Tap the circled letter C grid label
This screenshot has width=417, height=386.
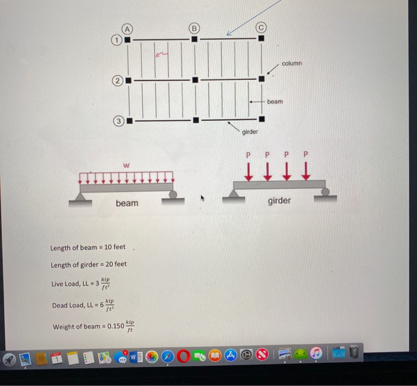pos(262,27)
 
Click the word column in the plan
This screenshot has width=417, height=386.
pos(292,63)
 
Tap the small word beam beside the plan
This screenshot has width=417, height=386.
pos(275,102)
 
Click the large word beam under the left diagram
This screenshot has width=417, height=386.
pos(127,204)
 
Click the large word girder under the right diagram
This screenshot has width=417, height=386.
pos(279,201)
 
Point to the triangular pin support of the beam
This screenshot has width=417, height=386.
pos(81,197)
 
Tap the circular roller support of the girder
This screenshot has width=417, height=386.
pos(325,192)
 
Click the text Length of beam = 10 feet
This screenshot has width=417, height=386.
pos(88,247)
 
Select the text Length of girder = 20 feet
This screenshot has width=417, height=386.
pos(89,264)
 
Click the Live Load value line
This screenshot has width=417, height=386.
pos(81,283)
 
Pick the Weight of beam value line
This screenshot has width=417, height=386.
pos(92,326)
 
